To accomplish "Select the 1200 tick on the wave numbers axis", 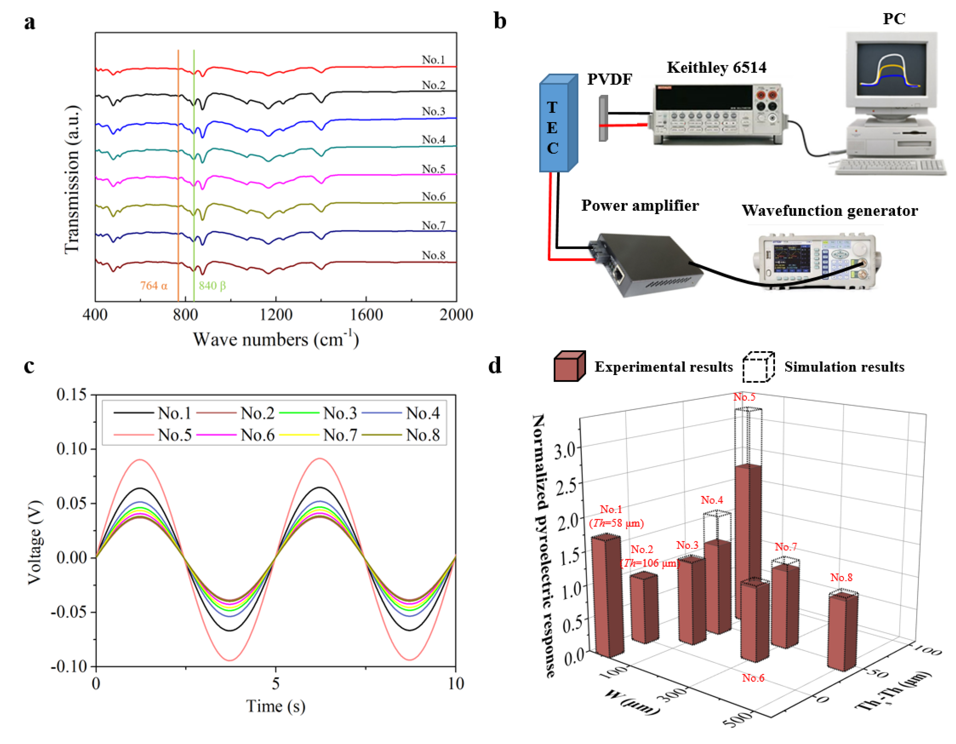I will coord(276,314).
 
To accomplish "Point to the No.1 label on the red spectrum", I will coord(433,60).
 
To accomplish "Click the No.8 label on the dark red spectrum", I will coord(433,255).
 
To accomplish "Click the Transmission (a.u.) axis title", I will coord(71,180).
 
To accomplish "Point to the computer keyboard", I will coord(889,166).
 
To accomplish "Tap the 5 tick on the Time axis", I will coord(275,684).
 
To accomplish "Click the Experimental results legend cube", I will coord(570,366).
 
